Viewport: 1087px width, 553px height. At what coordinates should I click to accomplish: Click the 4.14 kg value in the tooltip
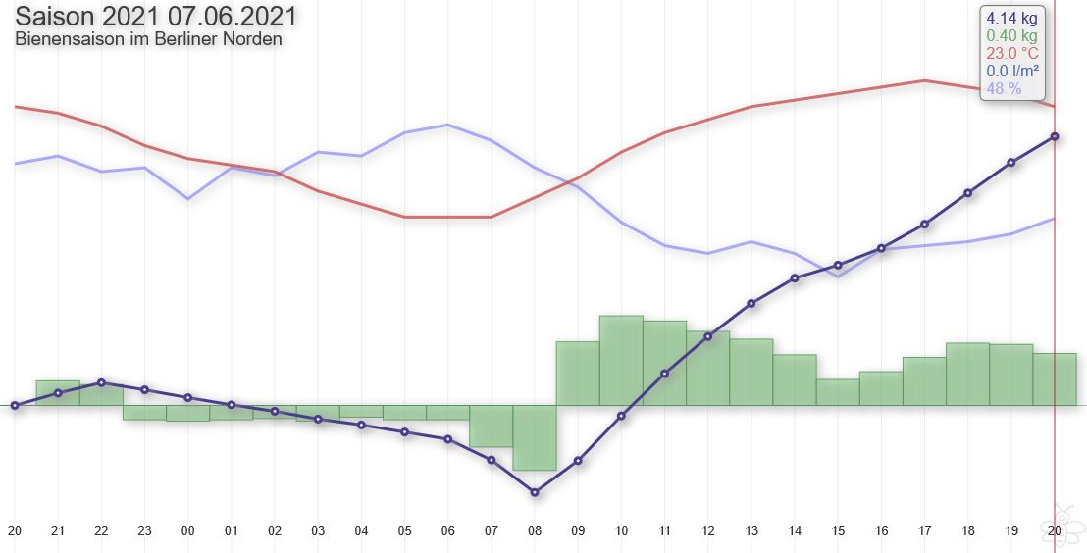point(1011,18)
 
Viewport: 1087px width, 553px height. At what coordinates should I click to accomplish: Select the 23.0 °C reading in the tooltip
point(1012,53)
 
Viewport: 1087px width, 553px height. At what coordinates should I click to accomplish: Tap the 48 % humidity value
point(1004,88)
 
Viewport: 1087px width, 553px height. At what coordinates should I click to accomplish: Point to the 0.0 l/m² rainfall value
point(1012,71)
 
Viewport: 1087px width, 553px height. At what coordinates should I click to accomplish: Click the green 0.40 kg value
point(1011,36)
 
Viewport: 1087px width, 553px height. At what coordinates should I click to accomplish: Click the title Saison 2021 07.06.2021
point(156,16)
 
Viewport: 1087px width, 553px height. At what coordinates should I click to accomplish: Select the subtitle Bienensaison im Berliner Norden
point(148,39)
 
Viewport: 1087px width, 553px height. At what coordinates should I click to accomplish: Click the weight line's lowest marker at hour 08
point(535,492)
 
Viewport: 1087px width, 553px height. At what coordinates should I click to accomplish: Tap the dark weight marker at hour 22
point(101,382)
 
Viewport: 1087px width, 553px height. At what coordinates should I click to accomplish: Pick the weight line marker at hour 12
point(707,336)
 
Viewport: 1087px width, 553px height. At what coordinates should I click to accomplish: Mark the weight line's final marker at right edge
point(1055,136)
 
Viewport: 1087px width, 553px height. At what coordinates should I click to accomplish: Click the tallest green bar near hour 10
point(621,361)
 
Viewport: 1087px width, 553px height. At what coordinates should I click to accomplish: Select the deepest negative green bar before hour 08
point(535,437)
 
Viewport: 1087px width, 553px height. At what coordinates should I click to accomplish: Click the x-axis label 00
point(187,531)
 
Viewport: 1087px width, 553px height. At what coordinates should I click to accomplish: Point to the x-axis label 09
point(578,531)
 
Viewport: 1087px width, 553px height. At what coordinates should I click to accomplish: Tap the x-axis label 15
point(838,531)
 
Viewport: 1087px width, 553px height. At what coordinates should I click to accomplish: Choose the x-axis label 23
point(144,531)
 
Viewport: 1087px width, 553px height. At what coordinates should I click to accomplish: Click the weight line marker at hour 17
point(925,224)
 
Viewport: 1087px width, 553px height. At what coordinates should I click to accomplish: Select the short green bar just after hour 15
point(838,392)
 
